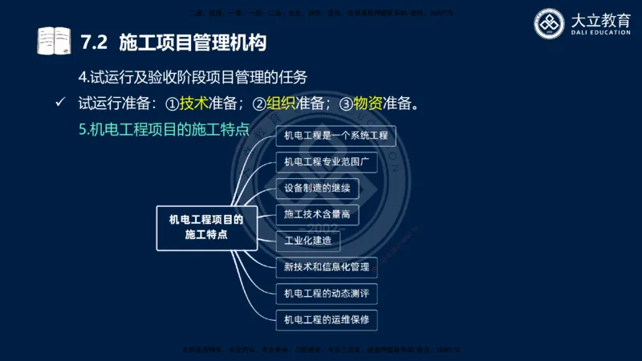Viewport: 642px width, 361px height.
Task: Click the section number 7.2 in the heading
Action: click(x=95, y=40)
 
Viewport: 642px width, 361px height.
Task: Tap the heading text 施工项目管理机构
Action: click(x=193, y=40)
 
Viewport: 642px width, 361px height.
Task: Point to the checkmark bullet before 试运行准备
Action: click(x=59, y=103)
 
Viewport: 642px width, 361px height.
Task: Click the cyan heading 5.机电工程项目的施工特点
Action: click(x=164, y=129)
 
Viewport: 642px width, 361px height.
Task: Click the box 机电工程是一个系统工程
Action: click(x=335, y=136)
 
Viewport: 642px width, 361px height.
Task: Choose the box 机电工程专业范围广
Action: click(x=326, y=162)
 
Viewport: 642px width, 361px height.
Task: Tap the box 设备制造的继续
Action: click(x=316, y=189)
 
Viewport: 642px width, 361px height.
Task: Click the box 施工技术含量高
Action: click(x=316, y=214)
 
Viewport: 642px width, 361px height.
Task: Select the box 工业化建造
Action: click(x=307, y=240)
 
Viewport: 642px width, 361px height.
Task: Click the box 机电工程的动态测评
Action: click(x=326, y=293)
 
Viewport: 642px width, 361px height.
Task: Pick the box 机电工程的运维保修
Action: click(x=326, y=319)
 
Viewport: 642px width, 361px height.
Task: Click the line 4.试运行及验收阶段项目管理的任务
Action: click(x=193, y=77)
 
